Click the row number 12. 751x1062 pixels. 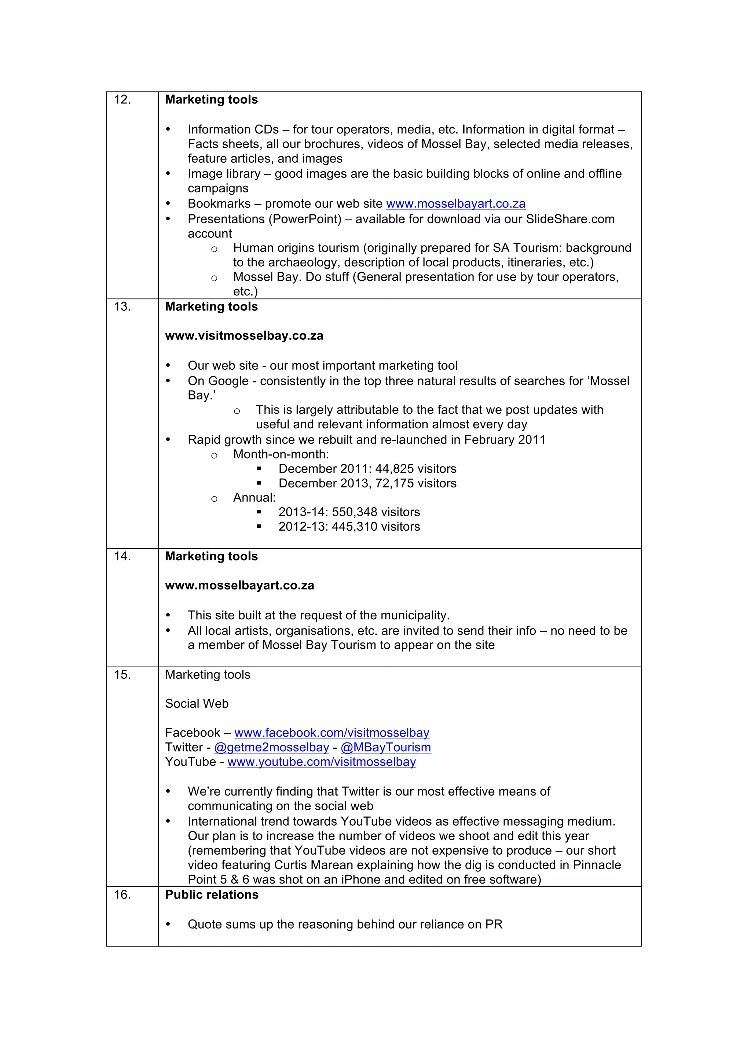[x=122, y=100]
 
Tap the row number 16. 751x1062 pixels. [x=122, y=895]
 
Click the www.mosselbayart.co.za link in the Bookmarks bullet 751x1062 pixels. [x=455, y=204]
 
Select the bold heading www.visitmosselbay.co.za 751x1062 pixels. [x=244, y=336]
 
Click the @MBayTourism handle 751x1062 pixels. [x=385, y=748]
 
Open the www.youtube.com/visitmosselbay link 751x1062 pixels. [x=321, y=762]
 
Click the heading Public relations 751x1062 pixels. [x=212, y=895]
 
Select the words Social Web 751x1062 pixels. [x=197, y=704]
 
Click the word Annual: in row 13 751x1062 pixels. [x=254, y=498]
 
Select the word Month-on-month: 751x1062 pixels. [x=281, y=454]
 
